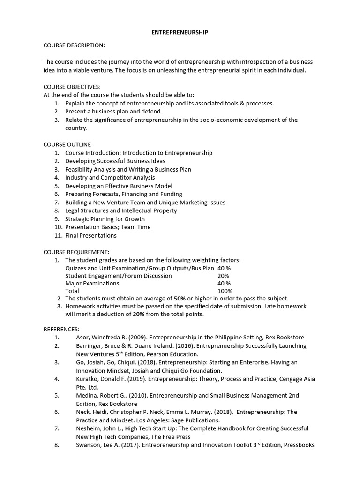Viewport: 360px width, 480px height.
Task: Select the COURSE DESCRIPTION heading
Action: pos(74,45)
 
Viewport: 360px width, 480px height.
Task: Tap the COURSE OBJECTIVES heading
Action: pos(72,87)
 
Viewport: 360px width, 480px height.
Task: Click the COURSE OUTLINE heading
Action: pos(67,144)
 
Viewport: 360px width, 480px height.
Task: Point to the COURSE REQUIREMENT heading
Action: pos(76,252)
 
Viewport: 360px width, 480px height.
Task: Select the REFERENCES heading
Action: pos(61,329)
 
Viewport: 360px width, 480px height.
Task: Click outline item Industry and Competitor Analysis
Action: pos(110,178)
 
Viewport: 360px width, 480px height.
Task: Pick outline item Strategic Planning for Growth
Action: pos(105,219)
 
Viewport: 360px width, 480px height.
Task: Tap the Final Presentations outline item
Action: pos(90,235)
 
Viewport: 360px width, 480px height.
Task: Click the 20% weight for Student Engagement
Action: pos(223,276)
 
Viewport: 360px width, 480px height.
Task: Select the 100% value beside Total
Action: pos(225,291)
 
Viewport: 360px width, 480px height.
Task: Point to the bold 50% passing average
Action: pos(180,298)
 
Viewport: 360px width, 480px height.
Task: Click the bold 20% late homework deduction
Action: pos(138,315)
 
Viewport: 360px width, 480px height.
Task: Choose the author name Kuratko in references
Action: pos(87,379)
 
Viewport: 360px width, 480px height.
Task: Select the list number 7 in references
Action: pos(56,428)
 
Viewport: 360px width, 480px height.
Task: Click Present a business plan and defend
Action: pos(113,112)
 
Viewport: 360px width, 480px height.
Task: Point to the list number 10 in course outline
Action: pos(57,227)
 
